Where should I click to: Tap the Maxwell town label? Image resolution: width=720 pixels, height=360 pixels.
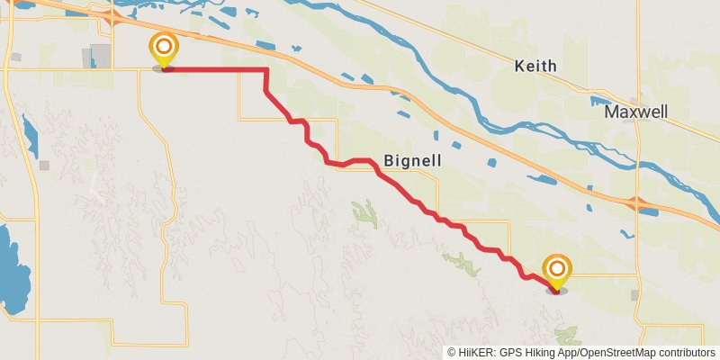click(x=635, y=112)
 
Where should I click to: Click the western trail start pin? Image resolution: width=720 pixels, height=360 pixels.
click(x=164, y=49)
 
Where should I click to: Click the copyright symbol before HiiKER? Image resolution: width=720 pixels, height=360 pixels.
click(x=453, y=352)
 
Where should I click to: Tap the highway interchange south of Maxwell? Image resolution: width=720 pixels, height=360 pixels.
click(x=640, y=204)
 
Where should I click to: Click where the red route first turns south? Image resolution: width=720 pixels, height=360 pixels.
click(x=266, y=71)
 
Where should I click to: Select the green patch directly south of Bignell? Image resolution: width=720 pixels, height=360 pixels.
click(x=365, y=213)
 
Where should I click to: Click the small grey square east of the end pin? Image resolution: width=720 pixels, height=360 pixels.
click(x=635, y=294)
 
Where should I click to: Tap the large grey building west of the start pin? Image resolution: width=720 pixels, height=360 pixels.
click(x=99, y=56)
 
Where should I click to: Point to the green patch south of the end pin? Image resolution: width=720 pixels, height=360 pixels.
click(x=569, y=337)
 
